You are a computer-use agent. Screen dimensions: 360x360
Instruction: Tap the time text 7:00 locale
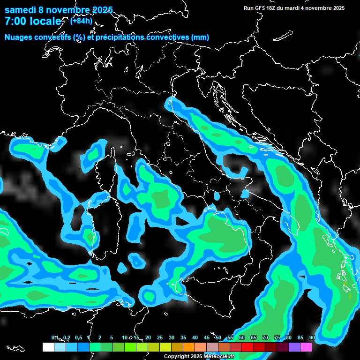(33, 22)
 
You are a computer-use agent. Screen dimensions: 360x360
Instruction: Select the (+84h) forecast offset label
(81, 21)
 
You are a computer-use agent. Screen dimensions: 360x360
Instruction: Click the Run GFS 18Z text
(261, 7)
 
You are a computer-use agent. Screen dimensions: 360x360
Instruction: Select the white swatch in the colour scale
(48, 347)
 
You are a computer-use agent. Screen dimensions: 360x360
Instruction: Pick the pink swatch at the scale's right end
(306, 347)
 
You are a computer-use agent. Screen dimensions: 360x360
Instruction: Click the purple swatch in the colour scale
(294, 347)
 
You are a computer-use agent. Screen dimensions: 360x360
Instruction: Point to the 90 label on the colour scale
(312, 337)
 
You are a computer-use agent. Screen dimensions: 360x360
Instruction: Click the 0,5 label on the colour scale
(78, 337)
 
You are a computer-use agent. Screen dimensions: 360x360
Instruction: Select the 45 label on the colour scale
(207, 337)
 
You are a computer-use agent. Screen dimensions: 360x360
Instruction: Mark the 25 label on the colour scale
(160, 337)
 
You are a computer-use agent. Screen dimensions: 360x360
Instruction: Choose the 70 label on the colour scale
(265, 337)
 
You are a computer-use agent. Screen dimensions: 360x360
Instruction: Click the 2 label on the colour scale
(100, 337)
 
